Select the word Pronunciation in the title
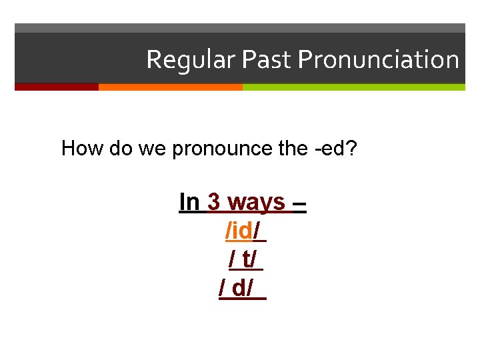(379, 60)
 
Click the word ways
(256, 202)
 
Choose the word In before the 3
(190, 202)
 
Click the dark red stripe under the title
(57, 87)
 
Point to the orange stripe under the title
(170, 87)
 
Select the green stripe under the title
(353, 87)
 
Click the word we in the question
(153, 149)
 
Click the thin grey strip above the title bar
(240, 28)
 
